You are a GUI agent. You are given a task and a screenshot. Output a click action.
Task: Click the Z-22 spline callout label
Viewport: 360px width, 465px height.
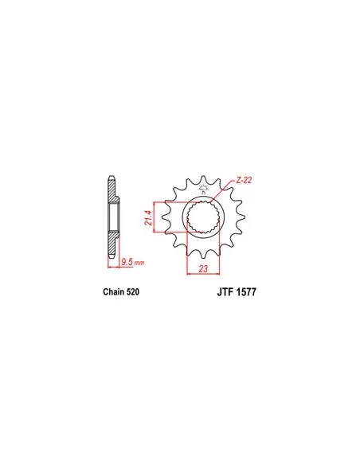(x=244, y=180)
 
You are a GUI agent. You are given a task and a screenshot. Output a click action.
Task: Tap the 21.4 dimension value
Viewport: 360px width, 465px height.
(x=148, y=217)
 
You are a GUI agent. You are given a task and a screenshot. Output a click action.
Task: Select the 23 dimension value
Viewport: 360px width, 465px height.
(x=203, y=269)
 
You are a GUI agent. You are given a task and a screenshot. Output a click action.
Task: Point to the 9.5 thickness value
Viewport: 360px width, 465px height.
(x=127, y=262)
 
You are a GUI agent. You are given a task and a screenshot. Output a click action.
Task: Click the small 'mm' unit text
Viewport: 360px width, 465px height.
(x=139, y=263)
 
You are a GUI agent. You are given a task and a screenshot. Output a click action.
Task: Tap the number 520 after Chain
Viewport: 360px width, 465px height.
(x=133, y=291)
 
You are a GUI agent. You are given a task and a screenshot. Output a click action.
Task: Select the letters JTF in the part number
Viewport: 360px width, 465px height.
(x=225, y=292)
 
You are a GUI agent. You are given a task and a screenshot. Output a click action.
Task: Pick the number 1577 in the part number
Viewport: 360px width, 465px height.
(x=246, y=292)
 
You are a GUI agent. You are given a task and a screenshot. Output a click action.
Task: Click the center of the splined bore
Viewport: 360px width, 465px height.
(x=203, y=217)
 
